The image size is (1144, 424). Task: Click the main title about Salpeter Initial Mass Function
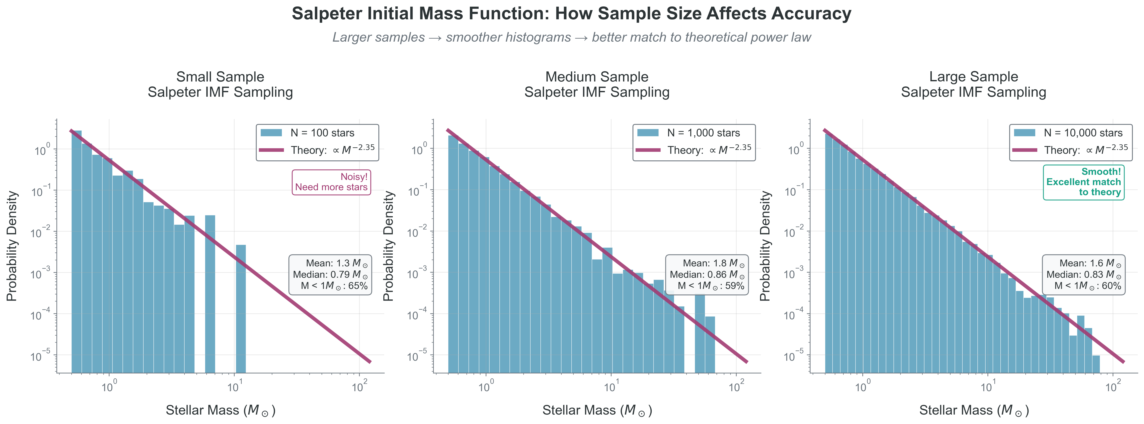pos(572,14)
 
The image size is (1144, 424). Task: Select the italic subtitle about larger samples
pos(572,37)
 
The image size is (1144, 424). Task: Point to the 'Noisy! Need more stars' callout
pos(331,182)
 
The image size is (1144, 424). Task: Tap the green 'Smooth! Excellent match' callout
pos(1084,182)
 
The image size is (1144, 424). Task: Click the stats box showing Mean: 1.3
pos(330,274)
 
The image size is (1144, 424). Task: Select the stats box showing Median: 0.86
pos(707,274)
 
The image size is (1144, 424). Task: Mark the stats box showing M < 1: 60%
pos(1084,274)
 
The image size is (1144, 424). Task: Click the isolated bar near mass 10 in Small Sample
pos(241,311)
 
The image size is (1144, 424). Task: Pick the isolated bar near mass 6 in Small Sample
pos(210,293)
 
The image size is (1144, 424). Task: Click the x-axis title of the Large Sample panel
pos(973,410)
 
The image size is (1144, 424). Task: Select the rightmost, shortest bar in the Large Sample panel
pos(1095,364)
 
